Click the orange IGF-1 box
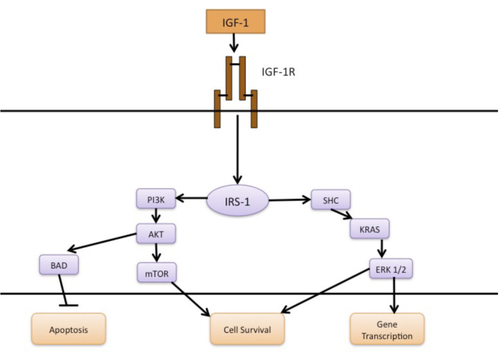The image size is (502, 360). pos(235,22)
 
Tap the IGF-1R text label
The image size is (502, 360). pos(278,72)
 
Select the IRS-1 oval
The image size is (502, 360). pos(237,201)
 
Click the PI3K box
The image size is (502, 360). pos(156,199)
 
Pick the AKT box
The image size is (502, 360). pos(156,233)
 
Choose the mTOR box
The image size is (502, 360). pos(156,273)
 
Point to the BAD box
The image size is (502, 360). pos(59,265)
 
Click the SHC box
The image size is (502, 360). pos(331,200)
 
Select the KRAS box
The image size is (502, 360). pos(370,229)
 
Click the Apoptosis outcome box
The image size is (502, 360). pos(69,329)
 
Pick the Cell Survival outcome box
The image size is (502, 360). pos(247,329)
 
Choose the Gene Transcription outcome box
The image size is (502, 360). pos(387,329)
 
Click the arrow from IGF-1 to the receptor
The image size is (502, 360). pos(234,43)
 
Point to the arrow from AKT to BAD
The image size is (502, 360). pos(102,242)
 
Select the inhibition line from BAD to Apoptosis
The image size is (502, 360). pos(64,290)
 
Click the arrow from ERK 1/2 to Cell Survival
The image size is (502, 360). pos(326,291)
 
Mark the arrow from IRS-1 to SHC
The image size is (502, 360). pos(290,200)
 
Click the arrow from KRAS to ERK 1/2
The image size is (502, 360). pos(381,248)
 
